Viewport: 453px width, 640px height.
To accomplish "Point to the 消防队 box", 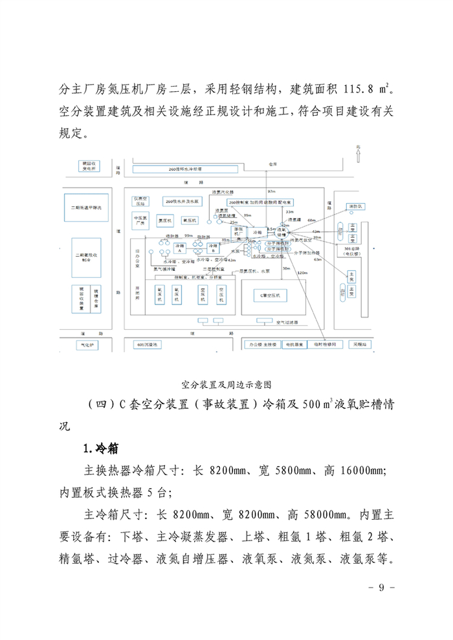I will (x=354, y=207).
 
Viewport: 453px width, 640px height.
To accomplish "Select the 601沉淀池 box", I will (x=148, y=345).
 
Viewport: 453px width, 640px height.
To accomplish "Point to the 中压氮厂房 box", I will (x=142, y=220).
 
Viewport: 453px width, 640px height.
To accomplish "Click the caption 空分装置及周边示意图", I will (x=226, y=383).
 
